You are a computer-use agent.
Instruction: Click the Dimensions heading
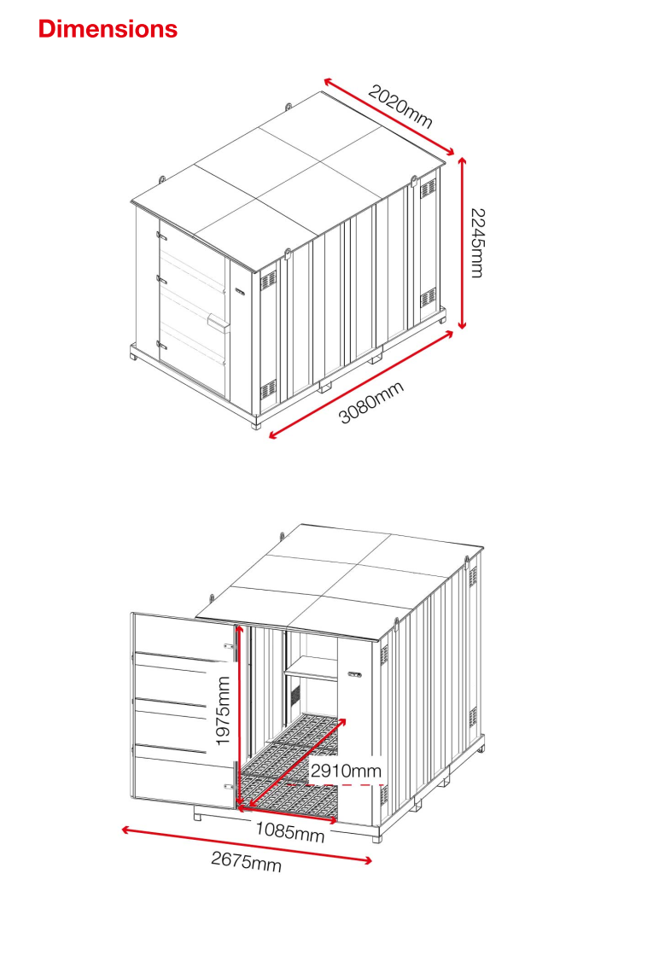click(108, 29)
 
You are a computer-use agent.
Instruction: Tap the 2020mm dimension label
click(400, 107)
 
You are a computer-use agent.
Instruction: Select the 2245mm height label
click(477, 242)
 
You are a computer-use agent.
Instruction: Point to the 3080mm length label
click(371, 402)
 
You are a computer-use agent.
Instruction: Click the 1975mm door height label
click(223, 711)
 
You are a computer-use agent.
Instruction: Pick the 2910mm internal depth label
click(346, 771)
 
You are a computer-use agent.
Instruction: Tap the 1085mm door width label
click(290, 831)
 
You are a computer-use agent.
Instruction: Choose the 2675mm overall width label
click(247, 861)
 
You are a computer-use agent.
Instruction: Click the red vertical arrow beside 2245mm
click(463, 243)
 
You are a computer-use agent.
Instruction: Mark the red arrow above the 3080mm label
click(361, 385)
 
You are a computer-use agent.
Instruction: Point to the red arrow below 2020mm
click(389, 116)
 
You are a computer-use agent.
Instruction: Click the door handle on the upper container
click(218, 320)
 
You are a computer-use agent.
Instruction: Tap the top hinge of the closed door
click(162, 235)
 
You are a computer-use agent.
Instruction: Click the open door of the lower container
click(184, 710)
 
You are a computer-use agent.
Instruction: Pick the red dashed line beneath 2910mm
click(336, 784)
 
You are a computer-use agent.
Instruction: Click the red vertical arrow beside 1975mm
click(239, 717)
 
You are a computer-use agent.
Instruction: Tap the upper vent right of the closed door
click(268, 282)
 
